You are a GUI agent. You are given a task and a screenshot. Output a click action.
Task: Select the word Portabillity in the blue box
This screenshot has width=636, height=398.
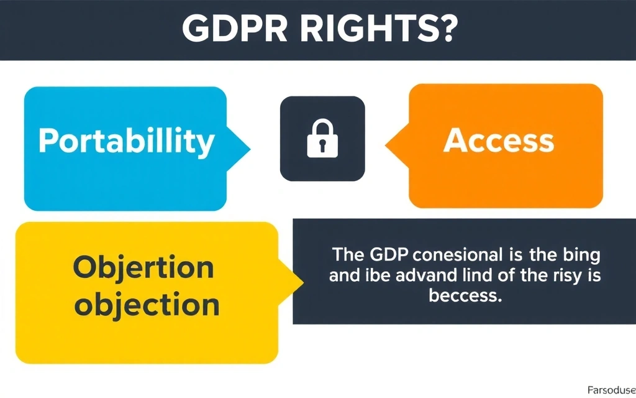pyautogui.click(x=126, y=141)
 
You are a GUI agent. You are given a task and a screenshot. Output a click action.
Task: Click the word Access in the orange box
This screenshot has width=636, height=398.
pyautogui.click(x=498, y=141)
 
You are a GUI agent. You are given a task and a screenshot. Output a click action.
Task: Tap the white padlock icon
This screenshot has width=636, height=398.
pyautogui.click(x=322, y=140)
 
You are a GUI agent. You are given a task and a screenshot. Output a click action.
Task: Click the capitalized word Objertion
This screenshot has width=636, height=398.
pyautogui.click(x=143, y=268)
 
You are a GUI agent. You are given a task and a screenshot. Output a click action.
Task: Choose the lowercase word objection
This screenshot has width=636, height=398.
pyautogui.click(x=146, y=305)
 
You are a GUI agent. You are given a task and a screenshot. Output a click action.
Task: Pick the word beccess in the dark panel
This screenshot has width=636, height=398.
pyautogui.click(x=465, y=296)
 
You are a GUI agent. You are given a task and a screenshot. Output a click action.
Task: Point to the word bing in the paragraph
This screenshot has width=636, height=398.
pyautogui.click(x=583, y=256)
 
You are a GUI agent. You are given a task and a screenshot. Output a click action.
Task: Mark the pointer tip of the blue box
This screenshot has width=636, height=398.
pyautogui.click(x=250, y=149)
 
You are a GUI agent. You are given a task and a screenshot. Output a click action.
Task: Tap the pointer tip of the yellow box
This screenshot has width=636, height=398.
pyautogui.click(x=302, y=284)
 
